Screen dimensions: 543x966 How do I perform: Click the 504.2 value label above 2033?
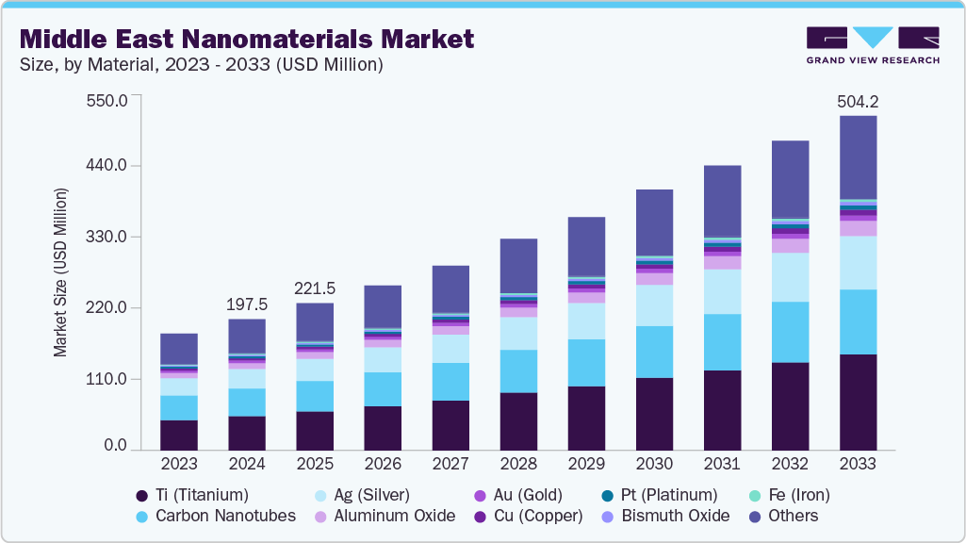(858, 101)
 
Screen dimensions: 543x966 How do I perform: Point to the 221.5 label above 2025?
(315, 288)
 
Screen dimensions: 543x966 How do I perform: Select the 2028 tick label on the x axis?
(518, 464)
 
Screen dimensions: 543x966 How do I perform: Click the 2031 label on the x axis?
(722, 464)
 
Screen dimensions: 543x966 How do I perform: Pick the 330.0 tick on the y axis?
(107, 237)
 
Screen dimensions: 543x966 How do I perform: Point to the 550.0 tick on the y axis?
(106, 101)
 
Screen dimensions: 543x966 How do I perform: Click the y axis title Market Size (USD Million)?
(60, 272)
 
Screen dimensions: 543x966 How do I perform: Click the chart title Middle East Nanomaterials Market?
(246, 40)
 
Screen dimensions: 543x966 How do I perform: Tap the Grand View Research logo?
(873, 45)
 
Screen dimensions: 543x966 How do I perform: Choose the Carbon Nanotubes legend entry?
(216, 516)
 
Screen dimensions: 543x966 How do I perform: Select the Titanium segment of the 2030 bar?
(654, 414)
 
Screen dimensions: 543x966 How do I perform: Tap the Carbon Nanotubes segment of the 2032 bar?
(790, 332)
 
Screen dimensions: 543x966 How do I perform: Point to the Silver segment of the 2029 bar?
(586, 321)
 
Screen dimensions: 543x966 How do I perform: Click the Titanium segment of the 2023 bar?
(179, 435)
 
